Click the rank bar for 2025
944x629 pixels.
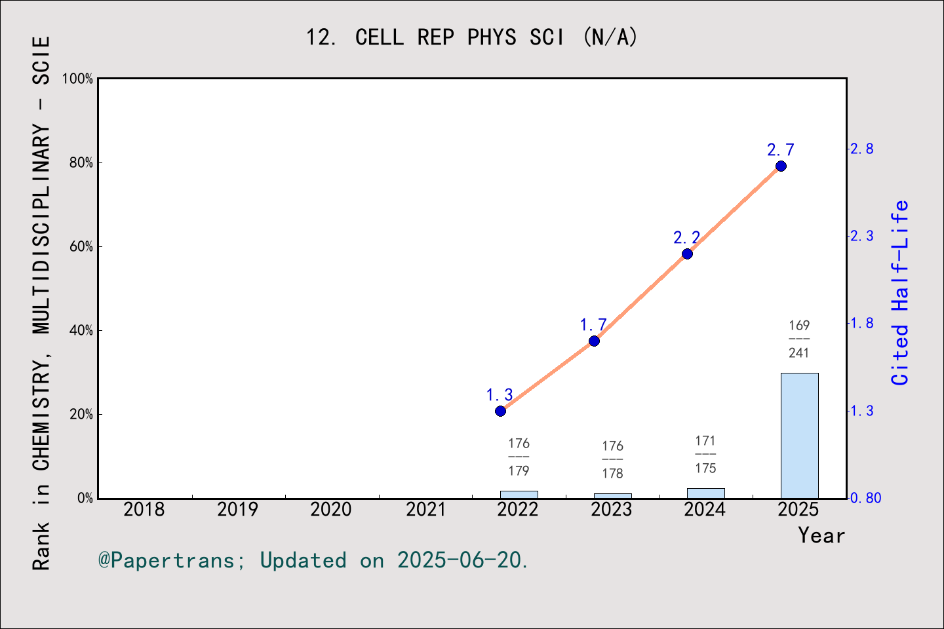[799, 436]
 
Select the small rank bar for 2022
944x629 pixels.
[519, 494]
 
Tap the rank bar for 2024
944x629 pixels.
[705, 493]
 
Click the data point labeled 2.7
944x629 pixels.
[781, 166]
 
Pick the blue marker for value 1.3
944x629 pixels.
[500, 411]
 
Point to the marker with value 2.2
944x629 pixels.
[687, 254]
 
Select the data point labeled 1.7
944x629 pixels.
[594, 341]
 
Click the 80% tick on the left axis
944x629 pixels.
[81, 163]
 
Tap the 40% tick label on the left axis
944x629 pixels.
[81, 331]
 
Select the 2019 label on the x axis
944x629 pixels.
[237, 510]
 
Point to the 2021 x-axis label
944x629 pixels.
[425, 510]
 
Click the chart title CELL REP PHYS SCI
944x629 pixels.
[471, 37]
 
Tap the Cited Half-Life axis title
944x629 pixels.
[900, 293]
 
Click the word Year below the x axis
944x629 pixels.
[821, 536]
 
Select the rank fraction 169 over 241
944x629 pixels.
[799, 339]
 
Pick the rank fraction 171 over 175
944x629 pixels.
[705, 455]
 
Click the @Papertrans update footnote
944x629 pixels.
[313, 561]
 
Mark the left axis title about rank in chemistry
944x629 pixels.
[41, 303]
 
